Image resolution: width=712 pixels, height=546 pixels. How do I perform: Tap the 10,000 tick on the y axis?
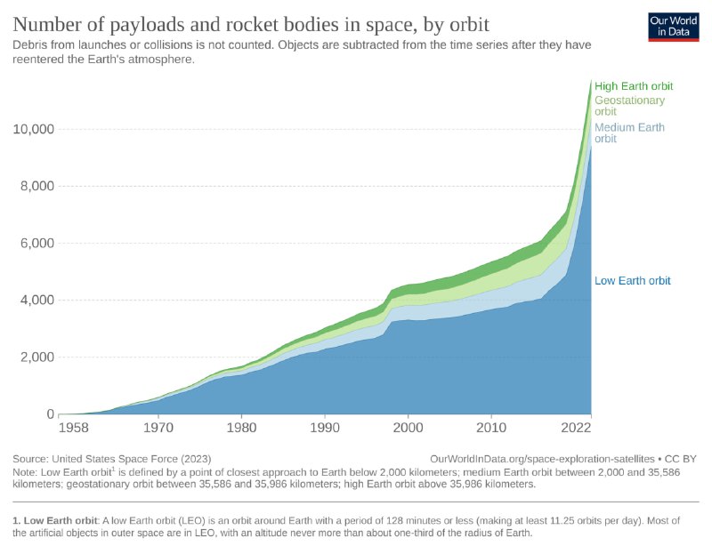pos(34,129)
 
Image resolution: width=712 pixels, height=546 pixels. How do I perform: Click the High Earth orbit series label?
pos(634,86)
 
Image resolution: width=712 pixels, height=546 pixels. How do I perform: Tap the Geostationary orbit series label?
pos(629,106)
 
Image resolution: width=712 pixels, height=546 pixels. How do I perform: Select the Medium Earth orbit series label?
pos(629,133)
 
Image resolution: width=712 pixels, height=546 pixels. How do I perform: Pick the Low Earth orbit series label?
pos(632,281)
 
